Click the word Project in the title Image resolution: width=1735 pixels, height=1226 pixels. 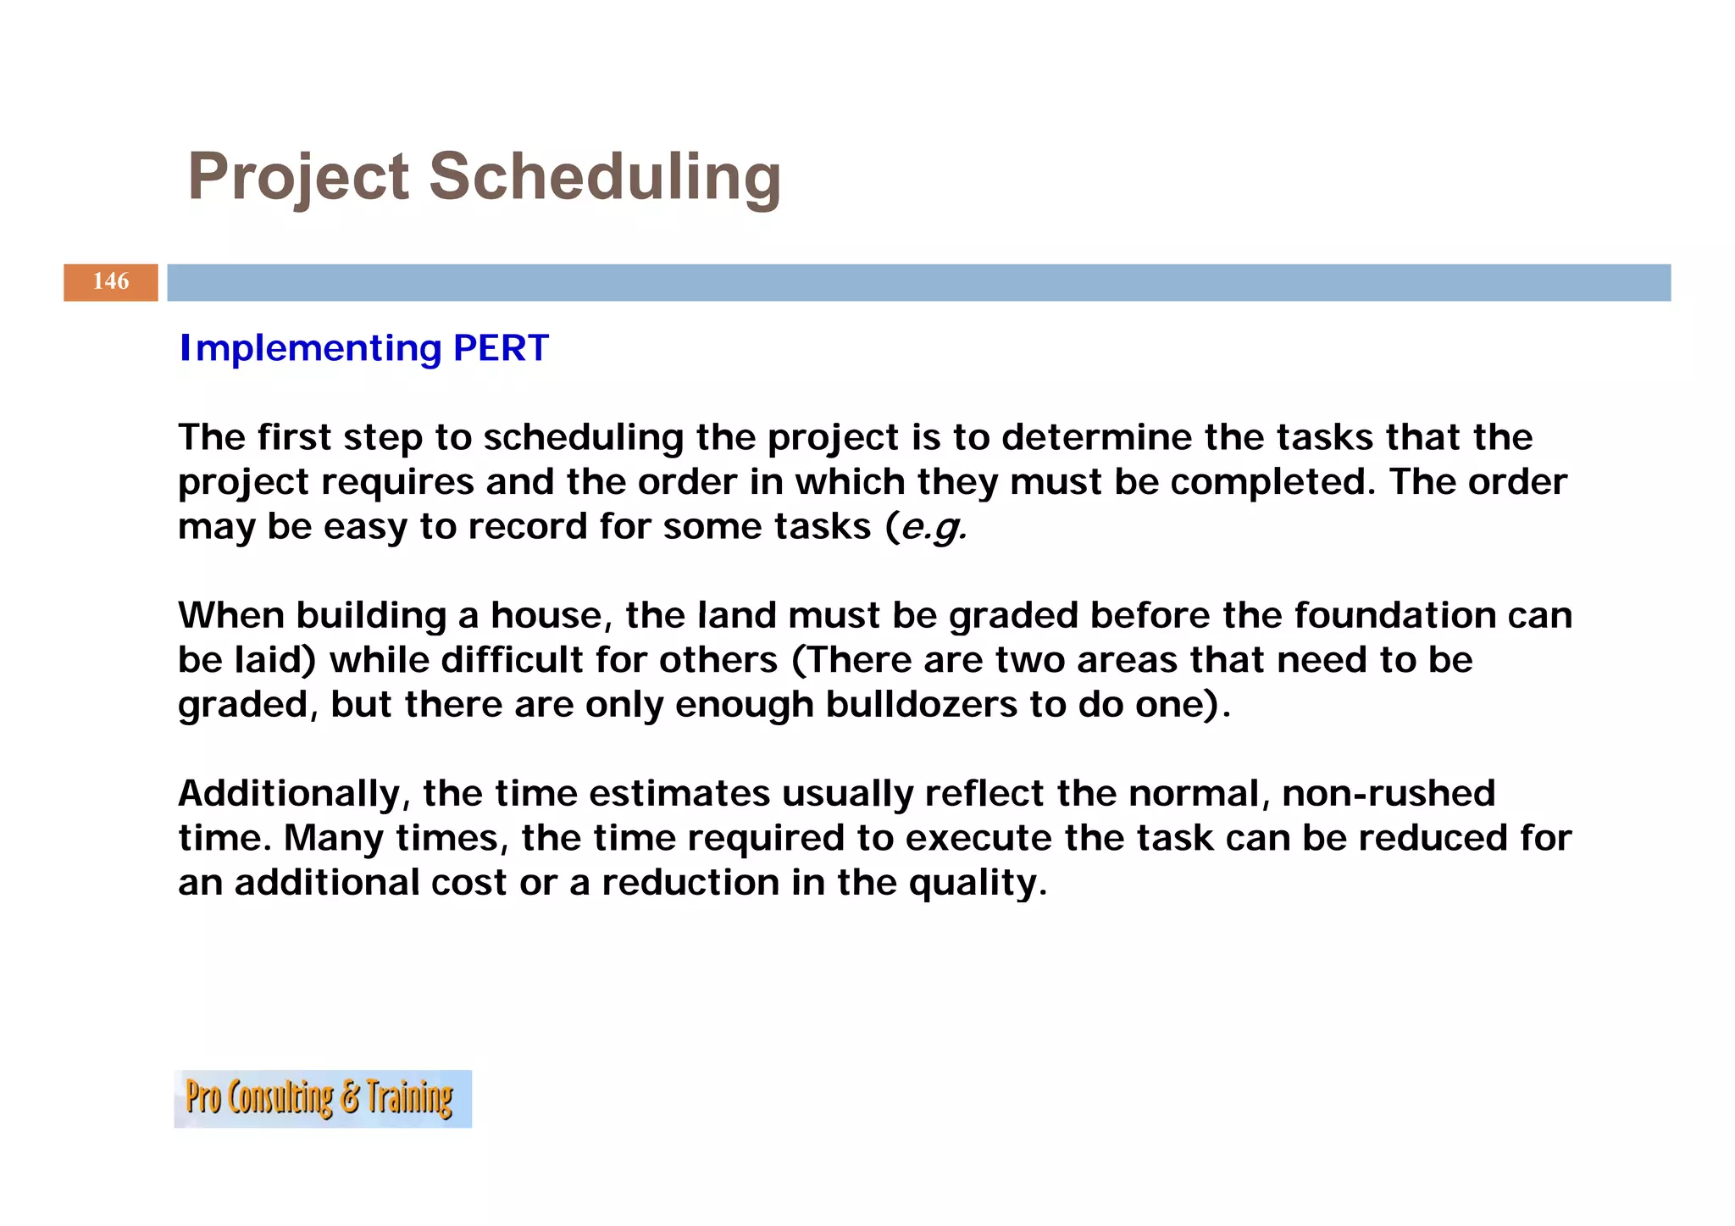click(x=298, y=177)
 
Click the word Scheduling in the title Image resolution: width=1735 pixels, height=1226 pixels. click(x=605, y=177)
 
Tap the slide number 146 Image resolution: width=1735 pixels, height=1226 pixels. click(x=111, y=281)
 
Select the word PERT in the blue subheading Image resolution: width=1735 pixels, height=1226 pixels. click(x=501, y=348)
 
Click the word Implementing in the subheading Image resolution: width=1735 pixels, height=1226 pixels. click(x=311, y=348)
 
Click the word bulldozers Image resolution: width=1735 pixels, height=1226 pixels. click(x=922, y=705)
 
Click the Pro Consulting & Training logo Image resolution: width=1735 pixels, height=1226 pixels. click(x=323, y=1098)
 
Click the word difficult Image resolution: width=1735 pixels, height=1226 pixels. click(x=512, y=660)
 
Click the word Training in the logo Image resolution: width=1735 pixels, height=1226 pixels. click(x=410, y=1098)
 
